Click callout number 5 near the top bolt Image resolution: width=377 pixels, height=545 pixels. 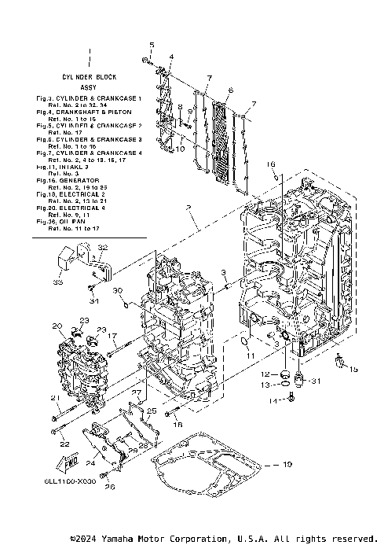pos(152,44)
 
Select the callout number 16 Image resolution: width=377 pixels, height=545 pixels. pos(269,164)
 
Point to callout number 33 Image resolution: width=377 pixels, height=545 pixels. pos(57,281)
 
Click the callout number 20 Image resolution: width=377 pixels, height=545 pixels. pos(57,326)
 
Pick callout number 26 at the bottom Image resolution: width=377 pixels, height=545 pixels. pos(110,488)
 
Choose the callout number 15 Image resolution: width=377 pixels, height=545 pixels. pos(353,368)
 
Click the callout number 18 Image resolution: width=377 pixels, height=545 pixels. pos(178,424)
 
